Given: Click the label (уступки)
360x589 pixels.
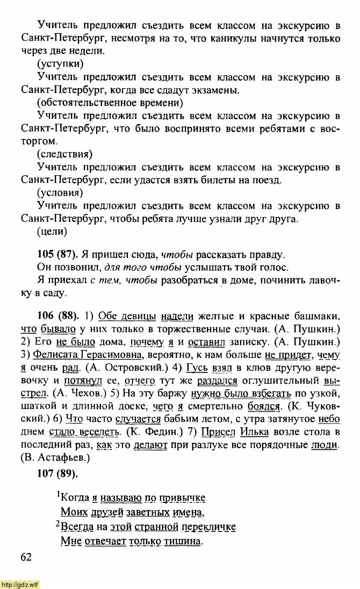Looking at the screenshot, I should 60,64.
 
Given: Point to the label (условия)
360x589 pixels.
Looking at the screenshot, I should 60,193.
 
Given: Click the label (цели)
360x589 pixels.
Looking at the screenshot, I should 52,232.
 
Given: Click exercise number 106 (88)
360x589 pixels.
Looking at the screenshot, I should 57,315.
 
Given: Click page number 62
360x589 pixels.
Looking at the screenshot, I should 27,557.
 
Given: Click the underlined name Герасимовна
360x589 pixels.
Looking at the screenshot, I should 111,355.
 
